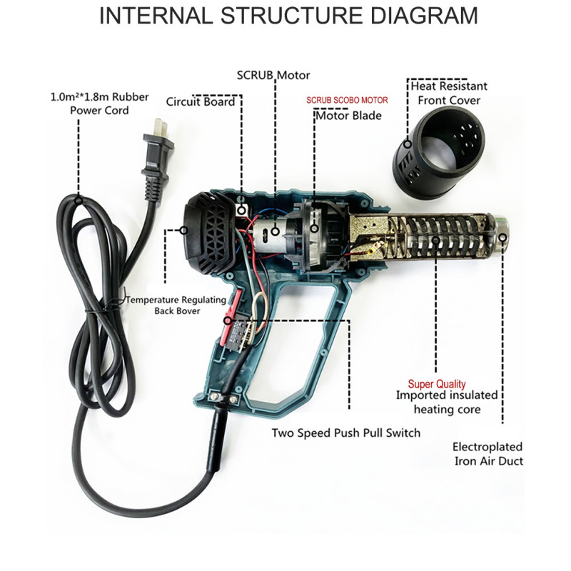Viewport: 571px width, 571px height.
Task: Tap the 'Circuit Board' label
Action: [x=201, y=101]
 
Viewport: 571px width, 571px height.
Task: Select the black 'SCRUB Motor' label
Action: [x=273, y=75]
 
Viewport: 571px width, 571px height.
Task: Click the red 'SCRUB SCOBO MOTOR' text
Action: [x=347, y=101]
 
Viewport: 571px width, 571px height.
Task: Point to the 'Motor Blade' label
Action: [x=348, y=116]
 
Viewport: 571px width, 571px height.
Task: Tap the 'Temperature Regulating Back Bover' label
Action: [x=176, y=305]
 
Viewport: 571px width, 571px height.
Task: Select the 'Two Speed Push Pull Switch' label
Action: [x=345, y=433]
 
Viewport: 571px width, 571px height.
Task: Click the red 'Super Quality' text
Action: [x=437, y=384]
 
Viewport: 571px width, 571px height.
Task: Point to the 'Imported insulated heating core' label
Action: [x=448, y=403]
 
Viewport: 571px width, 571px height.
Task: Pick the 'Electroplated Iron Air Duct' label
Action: [x=488, y=454]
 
